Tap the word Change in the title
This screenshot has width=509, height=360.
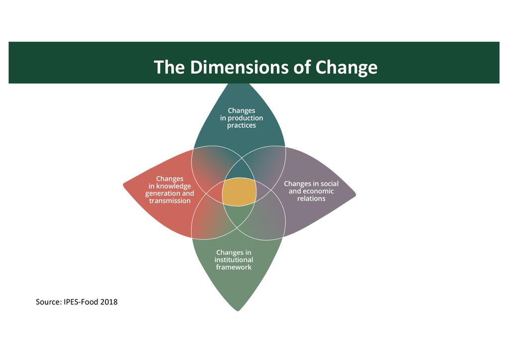(x=346, y=67)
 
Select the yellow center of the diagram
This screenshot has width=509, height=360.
(x=239, y=192)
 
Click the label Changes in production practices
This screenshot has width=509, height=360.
(x=242, y=118)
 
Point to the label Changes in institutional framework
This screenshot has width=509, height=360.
(x=234, y=260)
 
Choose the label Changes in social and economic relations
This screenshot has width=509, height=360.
(x=311, y=191)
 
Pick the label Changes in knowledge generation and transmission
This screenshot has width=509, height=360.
(x=170, y=189)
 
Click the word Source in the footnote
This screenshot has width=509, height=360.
(x=48, y=302)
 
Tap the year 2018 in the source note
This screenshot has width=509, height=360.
(x=109, y=302)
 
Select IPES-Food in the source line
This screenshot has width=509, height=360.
(x=82, y=302)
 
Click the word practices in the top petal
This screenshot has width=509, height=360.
(x=242, y=125)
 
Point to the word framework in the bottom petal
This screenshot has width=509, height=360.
(x=234, y=267)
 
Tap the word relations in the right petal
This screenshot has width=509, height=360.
(x=311, y=198)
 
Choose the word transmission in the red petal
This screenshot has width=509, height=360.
(x=170, y=201)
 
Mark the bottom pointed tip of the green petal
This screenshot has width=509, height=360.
(x=239, y=310)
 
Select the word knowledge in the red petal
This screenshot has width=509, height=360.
(x=173, y=186)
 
